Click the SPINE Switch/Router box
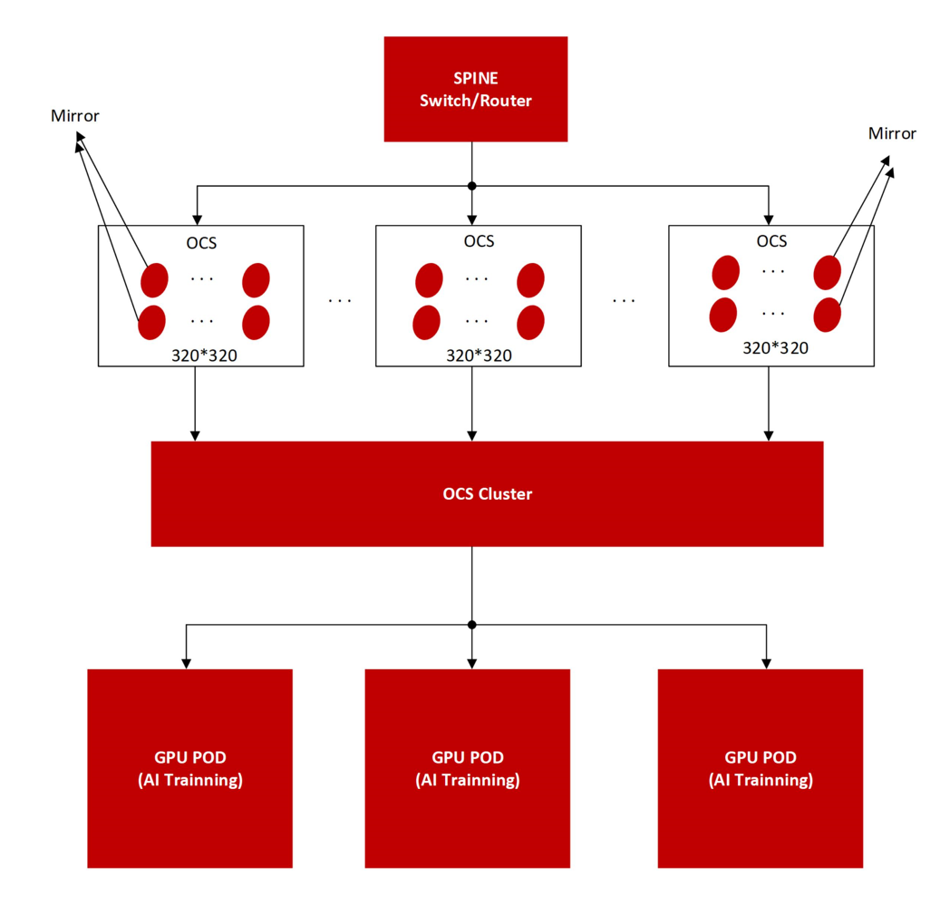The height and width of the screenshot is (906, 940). pos(475,89)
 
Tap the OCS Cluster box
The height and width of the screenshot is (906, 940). pos(487,493)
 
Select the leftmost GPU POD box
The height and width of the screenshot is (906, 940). pos(190,768)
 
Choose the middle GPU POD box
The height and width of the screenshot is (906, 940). pos(468,768)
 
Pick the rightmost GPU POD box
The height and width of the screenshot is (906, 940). pos(761,768)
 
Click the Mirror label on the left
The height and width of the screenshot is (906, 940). pos(75,116)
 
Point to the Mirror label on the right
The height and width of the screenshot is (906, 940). pos(892,133)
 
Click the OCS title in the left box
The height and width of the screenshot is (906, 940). pos(201,243)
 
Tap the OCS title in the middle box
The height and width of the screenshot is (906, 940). pos(479,241)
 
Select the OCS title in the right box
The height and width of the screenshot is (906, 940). pos(771,241)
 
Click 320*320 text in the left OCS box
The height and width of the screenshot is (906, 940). pos(205,356)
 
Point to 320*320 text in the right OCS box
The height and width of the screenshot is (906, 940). pos(776,347)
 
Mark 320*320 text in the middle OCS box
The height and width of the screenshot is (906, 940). pos(479,356)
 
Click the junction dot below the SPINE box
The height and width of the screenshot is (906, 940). pos(471,186)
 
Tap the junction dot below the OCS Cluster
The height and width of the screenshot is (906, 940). pos(471,625)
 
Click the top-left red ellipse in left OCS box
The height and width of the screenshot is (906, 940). pos(154,280)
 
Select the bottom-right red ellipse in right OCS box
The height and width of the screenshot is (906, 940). pos(828,315)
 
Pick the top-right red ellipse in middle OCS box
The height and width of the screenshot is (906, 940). pos(530,280)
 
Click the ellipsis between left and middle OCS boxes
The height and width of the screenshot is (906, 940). pos(340,300)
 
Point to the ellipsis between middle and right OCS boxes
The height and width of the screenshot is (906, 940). pos(624,300)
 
